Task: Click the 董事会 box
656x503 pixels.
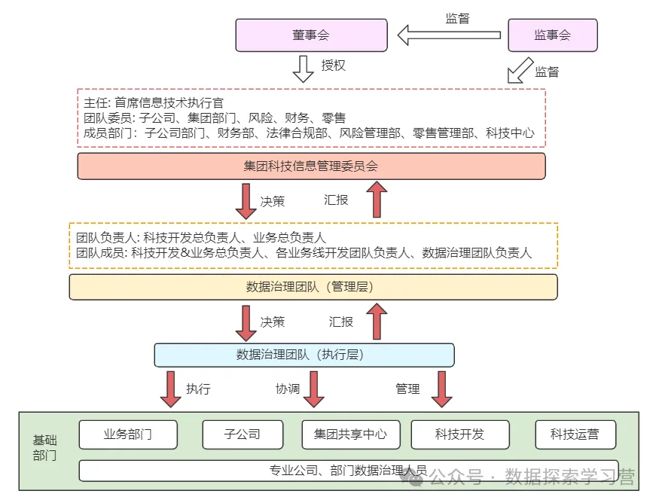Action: (x=311, y=35)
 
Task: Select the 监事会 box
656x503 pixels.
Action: (x=553, y=35)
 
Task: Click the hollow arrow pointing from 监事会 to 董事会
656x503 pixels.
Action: (x=449, y=35)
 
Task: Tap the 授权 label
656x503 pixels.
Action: (x=333, y=66)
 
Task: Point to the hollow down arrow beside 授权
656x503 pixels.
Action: (x=303, y=68)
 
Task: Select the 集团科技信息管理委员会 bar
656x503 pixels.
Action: (x=311, y=166)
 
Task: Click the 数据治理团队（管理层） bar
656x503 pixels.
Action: (x=313, y=287)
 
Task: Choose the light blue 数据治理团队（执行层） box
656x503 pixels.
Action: (x=304, y=355)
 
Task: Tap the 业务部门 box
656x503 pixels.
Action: (x=128, y=434)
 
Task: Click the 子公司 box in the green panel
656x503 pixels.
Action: (x=243, y=434)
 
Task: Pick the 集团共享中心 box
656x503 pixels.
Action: (x=350, y=434)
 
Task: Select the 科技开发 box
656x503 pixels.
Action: (x=459, y=434)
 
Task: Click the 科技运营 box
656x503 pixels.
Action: (x=575, y=434)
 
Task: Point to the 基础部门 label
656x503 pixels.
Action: (x=44, y=448)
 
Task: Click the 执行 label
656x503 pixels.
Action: (x=198, y=389)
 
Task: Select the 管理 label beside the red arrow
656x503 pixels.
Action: (x=407, y=389)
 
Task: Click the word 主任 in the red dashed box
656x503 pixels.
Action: (x=94, y=102)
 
